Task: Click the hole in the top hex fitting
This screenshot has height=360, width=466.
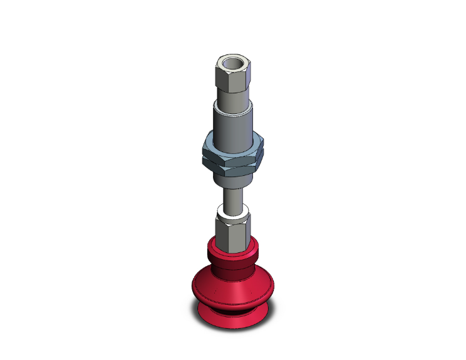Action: coord(233,63)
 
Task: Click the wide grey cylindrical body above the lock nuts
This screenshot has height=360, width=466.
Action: coord(234,128)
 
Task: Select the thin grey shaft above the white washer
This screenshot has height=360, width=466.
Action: coord(234,197)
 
